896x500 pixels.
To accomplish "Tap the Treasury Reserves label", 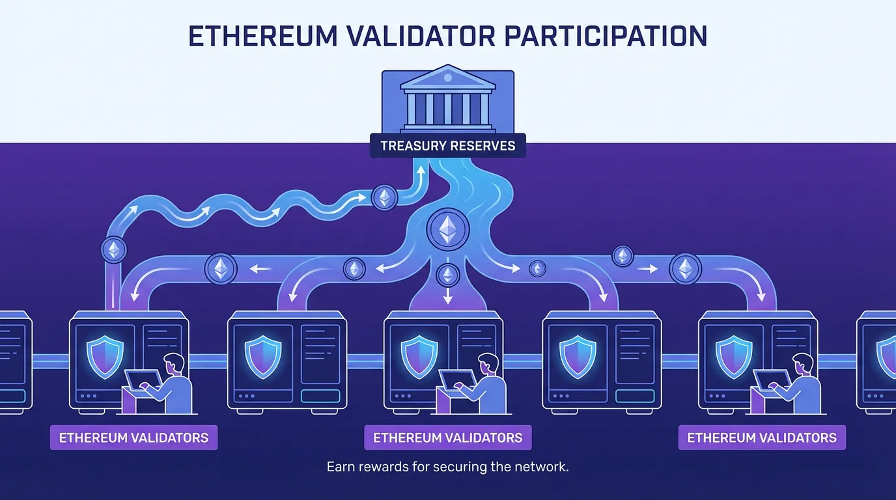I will (x=447, y=146).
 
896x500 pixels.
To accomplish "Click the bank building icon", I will (x=447, y=98).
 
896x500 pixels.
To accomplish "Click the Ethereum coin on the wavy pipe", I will (x=384, y=197).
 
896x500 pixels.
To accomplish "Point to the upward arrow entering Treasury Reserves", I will (x=421, y=173).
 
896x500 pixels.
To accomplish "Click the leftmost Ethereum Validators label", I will (x=133, y=437).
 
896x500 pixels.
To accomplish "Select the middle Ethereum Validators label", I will (x=447, y=437).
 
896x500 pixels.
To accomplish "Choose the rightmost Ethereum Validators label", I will (x=762, y=437).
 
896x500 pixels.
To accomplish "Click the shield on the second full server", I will (x=262, y=355).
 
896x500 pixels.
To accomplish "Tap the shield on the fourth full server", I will (x=577, y=355).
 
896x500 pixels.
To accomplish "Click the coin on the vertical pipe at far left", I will (x=115, y=249).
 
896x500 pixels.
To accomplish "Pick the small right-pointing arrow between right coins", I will (x=651, y=268).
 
